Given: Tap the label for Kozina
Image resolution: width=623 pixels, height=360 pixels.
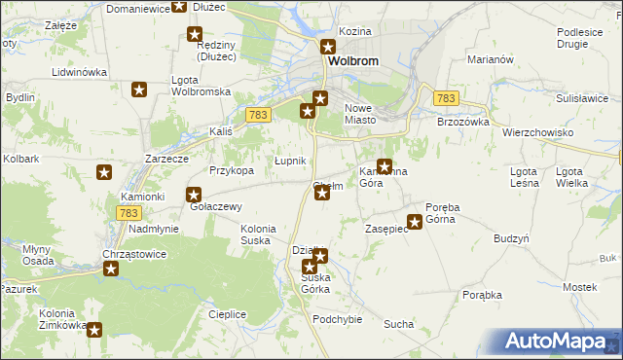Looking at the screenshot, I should click(x=356, y=31).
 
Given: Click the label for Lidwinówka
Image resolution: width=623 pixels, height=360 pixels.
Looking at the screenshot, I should click(x=79, y=72).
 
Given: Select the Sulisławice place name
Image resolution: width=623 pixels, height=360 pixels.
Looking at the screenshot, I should click(x=583, y=98).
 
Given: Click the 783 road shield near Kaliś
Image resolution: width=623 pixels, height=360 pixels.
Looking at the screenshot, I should click(x=258, y=115).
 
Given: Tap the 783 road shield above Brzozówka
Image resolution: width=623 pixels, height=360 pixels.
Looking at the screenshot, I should click(x=446, y=98).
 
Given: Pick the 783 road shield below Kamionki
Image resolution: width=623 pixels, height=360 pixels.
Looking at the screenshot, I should click(x=128, y=212).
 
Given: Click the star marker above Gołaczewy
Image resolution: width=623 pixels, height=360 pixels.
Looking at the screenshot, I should click(x=194, y=194).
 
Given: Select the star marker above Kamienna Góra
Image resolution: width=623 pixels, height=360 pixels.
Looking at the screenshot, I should click(x=385, y=165).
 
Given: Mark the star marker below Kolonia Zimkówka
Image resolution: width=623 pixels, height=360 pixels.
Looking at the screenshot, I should click(x=94, y=330).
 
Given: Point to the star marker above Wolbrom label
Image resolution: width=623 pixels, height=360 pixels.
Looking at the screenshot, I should click(x=329, y=47).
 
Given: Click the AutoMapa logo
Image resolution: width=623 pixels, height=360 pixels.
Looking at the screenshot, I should click(x=563, y=342).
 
